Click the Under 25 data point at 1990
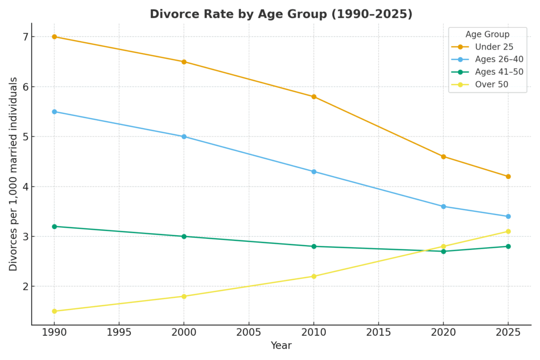point(54,37)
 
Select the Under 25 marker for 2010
point(314,96)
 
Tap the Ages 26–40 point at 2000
point(184,137)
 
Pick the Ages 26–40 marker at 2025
point(508,216)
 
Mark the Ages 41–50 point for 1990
point(54,226)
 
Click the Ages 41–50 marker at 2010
point(314,246)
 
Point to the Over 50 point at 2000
point(184,296)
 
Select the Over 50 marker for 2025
point(508,231)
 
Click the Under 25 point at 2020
point(443,157)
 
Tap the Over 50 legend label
point(491,84)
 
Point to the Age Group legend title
point(487,35)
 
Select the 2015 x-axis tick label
point(378,333)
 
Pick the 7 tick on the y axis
point(25,37)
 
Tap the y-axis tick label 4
point(25,187)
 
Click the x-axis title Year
point(281,346)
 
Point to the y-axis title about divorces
point(14,174)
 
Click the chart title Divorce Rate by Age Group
point(281,14)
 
